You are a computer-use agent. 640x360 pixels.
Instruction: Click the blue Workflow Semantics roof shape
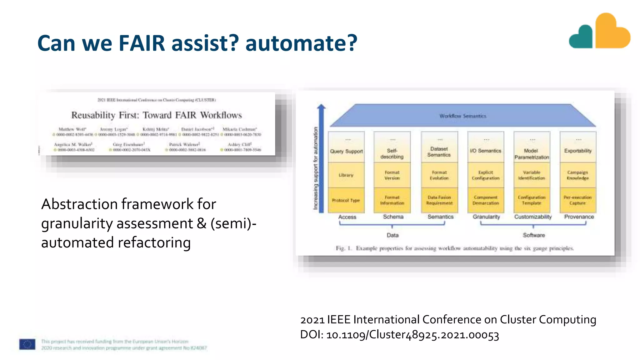point(462,116)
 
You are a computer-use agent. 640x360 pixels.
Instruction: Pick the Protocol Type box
point(346,200)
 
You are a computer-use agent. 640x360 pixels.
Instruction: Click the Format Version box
point(392,175)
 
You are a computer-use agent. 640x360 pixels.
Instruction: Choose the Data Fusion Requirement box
point(439,200)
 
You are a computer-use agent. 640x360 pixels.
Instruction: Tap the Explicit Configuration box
point(486,175)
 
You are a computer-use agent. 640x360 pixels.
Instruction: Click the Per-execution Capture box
point(577,200)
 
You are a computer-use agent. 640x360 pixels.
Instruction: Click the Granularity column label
point(486,217)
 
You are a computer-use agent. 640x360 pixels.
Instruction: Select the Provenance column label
point(579,217)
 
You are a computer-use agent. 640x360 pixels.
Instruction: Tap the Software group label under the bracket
point(534,235)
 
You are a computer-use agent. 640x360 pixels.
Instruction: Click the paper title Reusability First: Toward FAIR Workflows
point(157,115)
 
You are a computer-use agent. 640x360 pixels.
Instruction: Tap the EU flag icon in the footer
point(27,344)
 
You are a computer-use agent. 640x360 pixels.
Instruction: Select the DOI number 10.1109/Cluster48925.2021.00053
point(412,335)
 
